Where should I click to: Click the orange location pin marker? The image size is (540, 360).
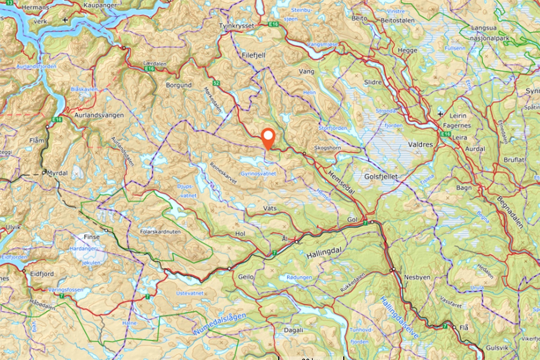point(268,138)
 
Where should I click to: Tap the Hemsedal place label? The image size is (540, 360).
point(341,182)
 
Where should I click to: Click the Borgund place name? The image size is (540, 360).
point(178,85)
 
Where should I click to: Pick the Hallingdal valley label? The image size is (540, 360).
point(322,255)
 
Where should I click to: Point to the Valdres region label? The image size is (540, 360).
point(421,144)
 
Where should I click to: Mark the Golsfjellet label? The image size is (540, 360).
point(381,176)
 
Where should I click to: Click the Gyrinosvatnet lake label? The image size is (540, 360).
point(258,173)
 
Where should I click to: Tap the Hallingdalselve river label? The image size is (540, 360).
point(399,317)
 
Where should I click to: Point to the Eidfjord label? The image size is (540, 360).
point(42,273)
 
